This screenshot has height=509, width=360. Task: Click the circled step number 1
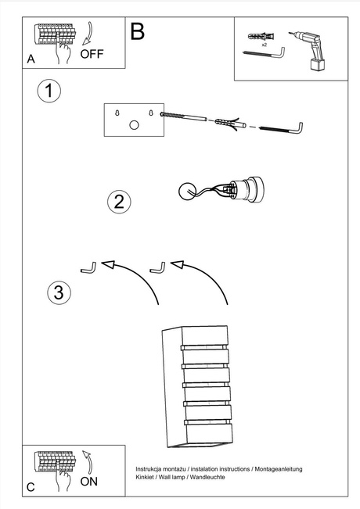click(49, 91)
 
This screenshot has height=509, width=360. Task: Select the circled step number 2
click(118, 202)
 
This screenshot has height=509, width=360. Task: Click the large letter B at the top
click(137, 32)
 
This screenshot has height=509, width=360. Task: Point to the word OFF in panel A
click(92, 54)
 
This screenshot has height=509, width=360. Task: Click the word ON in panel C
click(89, 482)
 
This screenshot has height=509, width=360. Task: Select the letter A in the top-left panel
click(31, 59)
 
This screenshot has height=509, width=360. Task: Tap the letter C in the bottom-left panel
click(30, 487)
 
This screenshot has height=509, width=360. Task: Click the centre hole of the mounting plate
click(134, 126)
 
